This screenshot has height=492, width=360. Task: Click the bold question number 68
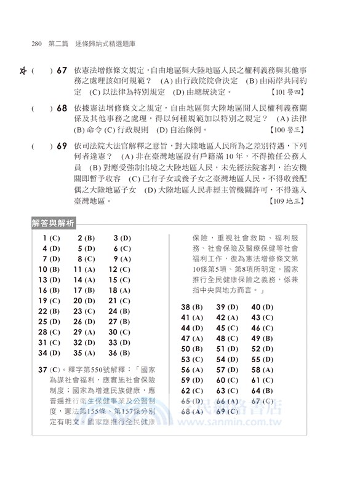click(x=62, y=108)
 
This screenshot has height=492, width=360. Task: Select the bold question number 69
click(x=62, y=146)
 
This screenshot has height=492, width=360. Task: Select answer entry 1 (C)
click(x=52, y=238)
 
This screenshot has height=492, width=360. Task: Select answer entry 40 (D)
click(x=262, y=307)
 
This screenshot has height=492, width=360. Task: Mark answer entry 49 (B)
click(x=262, y=338)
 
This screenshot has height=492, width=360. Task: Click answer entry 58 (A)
click(x=262, y=370)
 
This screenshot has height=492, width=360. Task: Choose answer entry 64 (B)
click(x=262, y=391)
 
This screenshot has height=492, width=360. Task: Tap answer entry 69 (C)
click(x=227, y=411)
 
